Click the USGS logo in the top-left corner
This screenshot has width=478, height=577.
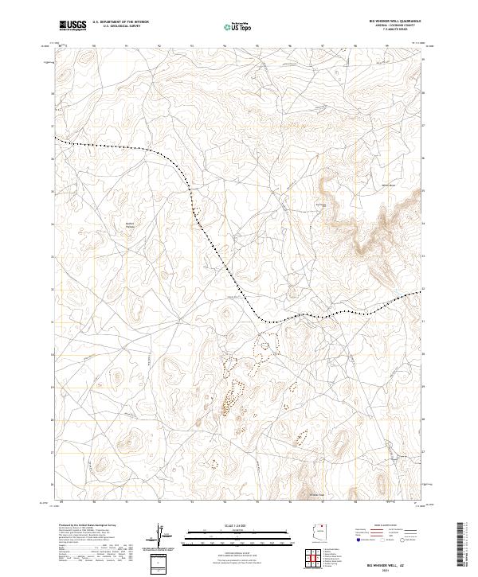point(73,25)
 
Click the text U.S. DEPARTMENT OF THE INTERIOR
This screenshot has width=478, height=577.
point(120,22)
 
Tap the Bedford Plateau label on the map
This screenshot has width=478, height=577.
point(131,225)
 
